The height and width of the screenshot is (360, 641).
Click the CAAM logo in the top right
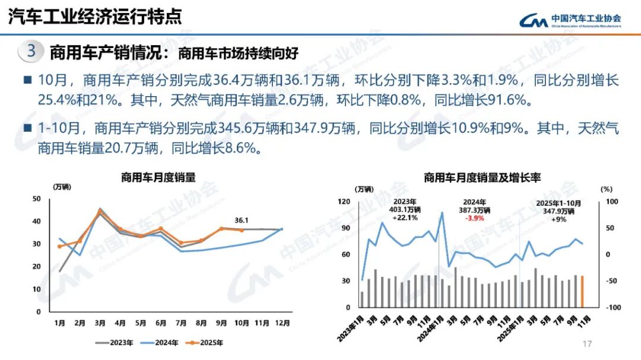[570, 20]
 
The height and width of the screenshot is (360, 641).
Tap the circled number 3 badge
[31, 51]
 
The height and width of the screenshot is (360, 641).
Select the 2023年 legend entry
[118, 342]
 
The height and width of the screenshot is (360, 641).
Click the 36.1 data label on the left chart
[242, 219]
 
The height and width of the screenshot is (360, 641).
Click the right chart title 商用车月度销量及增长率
[482, 177]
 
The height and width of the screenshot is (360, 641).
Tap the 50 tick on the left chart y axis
[37, 199]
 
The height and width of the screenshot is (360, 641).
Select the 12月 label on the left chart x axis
[283, 323]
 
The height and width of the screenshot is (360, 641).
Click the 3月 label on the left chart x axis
[100, 323]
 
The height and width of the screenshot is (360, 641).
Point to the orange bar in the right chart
[582, 291]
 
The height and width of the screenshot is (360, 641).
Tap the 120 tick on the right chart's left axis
[344, 202]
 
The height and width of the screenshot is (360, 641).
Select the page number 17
[588, 344]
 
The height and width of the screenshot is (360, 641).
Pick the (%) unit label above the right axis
[605, 189]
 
